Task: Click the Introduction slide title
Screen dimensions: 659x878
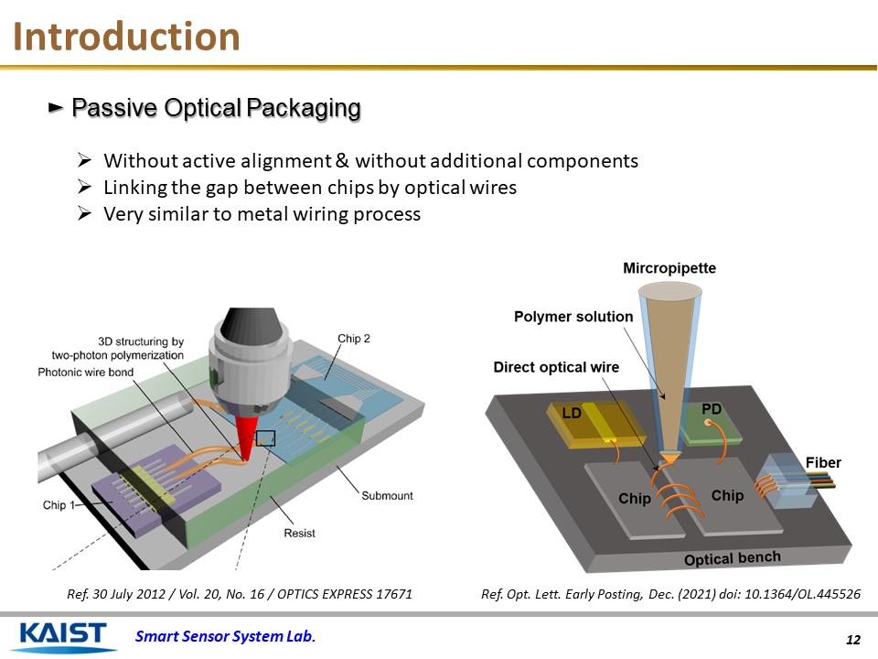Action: click(x=127, y=38)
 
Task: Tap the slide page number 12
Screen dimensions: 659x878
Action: click(x=854, y=639)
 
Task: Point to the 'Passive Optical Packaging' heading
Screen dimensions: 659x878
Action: click(x=216, y=108)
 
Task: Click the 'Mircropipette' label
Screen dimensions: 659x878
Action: click(x=669, y=268)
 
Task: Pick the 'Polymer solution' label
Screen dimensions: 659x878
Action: click(x=573, y=317)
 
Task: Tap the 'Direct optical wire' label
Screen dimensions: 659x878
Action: click(x=556, y=367)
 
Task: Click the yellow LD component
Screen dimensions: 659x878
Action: click(x=585, y=423)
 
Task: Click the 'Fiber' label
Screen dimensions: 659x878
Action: click(x=823, y=462)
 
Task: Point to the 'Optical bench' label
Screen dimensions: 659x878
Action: click(x=733, y=558)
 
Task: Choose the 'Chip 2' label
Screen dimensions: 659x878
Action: click(x=354, y=339)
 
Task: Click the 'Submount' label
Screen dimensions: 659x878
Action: click(x=387, y=496)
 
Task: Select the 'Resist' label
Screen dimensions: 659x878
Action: click(x=299, y=532)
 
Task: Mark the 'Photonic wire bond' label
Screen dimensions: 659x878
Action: click(x=85, y=373)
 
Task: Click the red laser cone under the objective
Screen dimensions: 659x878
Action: click(x=244, y=439)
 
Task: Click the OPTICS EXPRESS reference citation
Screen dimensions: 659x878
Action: click(x=240, y=595)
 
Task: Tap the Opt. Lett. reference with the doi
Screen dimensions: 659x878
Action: click(x=670, y=595)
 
